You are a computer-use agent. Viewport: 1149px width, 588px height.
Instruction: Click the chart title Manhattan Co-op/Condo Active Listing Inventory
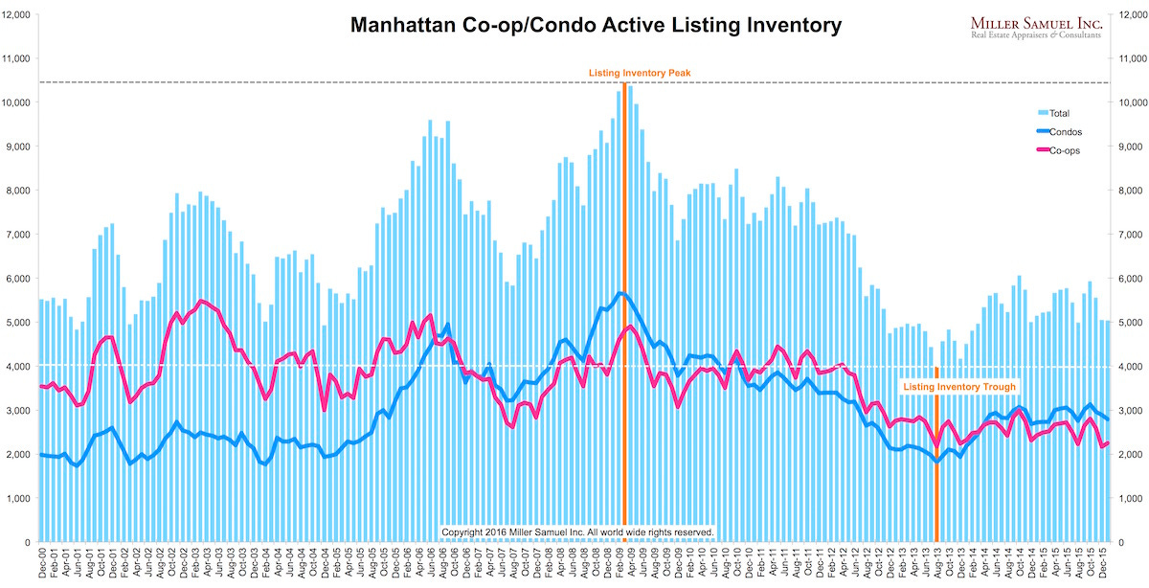click(595, 25)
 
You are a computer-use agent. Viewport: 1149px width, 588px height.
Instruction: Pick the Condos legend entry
click(1064, 131)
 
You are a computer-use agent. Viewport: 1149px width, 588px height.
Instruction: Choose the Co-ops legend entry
click(1064, 149)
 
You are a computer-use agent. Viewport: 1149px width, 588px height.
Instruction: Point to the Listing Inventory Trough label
click(958, 387)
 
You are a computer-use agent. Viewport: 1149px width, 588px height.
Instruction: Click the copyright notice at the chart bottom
click(577, 531)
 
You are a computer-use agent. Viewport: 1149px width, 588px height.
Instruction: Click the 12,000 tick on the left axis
click(18, 13)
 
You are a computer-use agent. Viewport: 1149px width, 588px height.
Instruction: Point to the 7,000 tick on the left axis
click(20, 234)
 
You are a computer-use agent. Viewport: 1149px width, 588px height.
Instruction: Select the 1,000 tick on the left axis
click(20, 498)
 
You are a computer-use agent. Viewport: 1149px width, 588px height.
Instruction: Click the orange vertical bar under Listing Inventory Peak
click(624, 316)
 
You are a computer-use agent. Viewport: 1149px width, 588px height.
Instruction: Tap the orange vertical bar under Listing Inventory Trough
click(936, 469)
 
